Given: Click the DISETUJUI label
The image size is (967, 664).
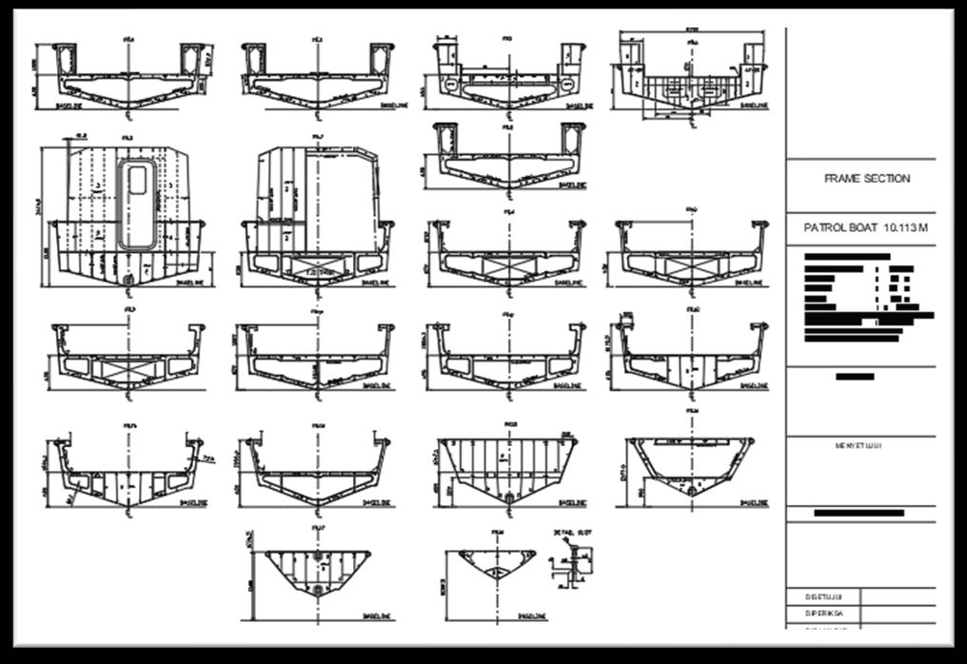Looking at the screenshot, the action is [819, 596].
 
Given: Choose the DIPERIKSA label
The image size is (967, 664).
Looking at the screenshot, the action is [820, 614].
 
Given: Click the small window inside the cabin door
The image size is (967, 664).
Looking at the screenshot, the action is [138, 178].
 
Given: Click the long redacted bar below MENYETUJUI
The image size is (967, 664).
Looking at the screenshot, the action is [861, 514].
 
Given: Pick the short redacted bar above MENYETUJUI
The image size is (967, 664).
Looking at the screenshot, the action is [854, 377].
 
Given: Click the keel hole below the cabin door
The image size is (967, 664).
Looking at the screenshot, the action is [128, 280].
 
